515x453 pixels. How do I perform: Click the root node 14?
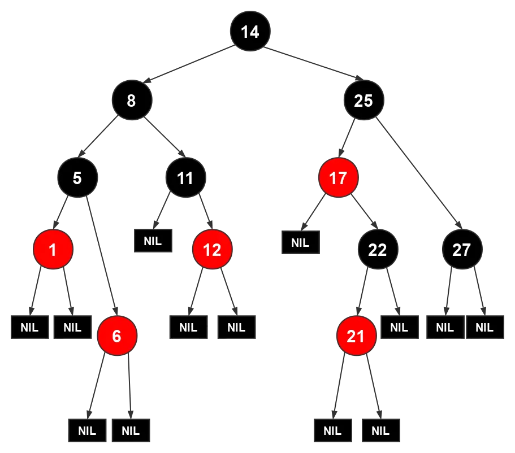click(x=250, y=32)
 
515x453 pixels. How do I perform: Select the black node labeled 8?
click(x=131, y=101)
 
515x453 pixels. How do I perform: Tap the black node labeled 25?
click(x=363, y=101)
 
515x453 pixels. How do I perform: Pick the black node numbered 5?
click(x=77, y=178)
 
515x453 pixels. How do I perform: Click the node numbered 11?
click(x=185, y=178)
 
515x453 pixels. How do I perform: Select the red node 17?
click(x=337, y=178)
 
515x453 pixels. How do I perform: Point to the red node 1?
click(x=53, y=249)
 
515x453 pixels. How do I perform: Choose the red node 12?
click(x=212, y=249)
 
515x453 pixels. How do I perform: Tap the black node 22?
click(x=377, y=249)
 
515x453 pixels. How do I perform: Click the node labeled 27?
click(x=462, y=249)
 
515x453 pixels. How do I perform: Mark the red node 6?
click(x=116, y=337)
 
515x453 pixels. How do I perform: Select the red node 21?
click(x=356, y=337)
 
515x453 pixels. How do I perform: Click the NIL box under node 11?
click(x=153, y=241)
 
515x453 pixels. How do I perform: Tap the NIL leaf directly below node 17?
click(x=300, y=243)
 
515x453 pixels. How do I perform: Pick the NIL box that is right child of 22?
click(x=399, y=327)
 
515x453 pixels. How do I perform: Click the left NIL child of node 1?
click(x=29, y=327)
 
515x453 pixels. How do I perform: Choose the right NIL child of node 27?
click(x=484, y=327)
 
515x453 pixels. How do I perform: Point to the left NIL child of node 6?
click(x=87, y=431)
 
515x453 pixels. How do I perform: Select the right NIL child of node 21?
click(x=380, y=431)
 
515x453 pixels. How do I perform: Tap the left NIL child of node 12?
click(x=188, y=327)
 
